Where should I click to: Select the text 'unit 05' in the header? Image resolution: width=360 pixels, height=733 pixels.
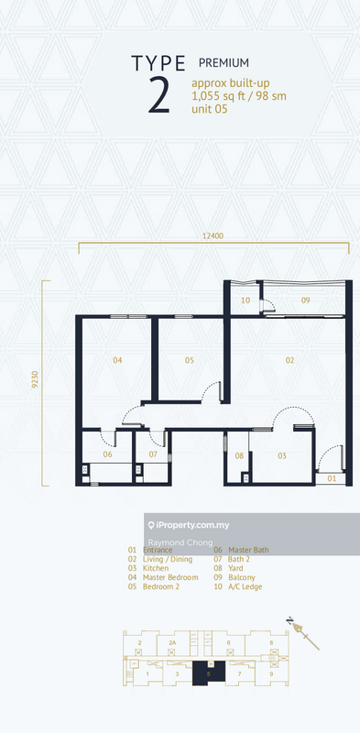point(210,109)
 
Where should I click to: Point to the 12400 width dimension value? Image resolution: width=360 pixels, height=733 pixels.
point(213,235)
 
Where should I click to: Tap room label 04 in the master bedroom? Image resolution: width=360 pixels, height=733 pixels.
point(117,360)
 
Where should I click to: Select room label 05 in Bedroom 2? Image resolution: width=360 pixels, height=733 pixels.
point(190,360)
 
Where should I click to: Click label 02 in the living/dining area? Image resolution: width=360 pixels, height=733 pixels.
point(289,360)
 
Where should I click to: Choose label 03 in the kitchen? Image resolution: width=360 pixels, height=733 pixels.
point(282,455)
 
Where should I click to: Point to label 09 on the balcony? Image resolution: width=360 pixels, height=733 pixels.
point(305,301)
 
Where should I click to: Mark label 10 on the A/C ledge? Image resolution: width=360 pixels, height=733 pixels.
point(245,301)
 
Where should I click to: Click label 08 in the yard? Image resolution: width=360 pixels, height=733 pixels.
point(238,455)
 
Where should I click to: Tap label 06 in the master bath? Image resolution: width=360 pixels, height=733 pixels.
point(107,454)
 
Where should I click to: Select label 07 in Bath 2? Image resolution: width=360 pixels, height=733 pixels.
point(153,454)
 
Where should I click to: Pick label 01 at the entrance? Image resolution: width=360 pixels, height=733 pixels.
point(332,478)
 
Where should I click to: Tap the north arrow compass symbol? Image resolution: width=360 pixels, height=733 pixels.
point(301,631)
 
